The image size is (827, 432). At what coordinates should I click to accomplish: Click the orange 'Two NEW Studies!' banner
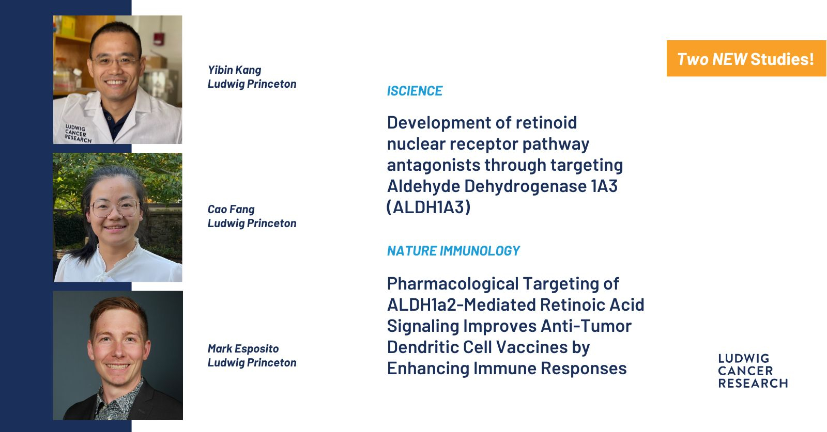[746, 59]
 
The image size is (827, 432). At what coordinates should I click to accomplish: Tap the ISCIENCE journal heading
[415, 91]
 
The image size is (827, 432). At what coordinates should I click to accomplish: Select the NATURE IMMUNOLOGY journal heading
[453, 251]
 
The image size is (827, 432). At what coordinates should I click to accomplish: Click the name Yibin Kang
[235, 70]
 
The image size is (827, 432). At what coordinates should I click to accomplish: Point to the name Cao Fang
[231, 210]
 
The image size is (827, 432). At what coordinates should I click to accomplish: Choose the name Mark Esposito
[243, 349]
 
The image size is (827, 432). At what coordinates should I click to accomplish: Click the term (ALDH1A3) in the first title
[428, 207]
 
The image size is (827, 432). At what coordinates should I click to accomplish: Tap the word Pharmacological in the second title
[453, 284]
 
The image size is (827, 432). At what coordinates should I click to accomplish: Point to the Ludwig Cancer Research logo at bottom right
[753, 371]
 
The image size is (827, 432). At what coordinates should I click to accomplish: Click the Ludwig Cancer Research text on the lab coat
[78, 134]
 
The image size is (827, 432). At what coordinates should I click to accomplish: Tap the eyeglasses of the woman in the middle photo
[115, 209]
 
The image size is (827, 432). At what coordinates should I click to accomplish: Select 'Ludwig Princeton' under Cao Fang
[252, 223]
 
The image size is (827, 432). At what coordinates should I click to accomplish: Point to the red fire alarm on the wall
[159, 39]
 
